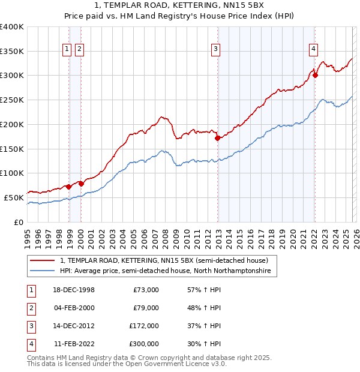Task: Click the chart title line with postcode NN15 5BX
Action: coord(180,6)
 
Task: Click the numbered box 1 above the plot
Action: coord(67,50)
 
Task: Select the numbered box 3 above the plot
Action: coord(215,50)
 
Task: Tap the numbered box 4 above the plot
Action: coord(313,50)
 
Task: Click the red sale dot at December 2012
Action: coord(217,138)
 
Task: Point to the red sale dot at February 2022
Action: coord(315,76)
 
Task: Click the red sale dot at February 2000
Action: coord(81,184)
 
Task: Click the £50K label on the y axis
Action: coord(14,197)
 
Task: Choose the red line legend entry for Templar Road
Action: coord(167,260)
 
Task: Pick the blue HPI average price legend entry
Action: coord(165,271)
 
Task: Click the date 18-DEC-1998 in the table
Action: coord(74,290)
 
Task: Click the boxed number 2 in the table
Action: coord(30,308)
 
